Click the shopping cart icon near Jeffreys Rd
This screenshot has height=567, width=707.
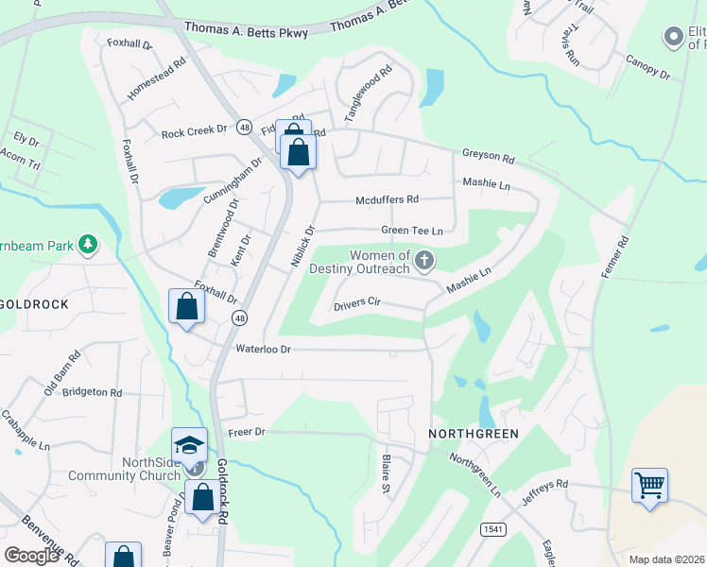(649, 486)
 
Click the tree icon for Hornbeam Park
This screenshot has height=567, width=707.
(88, 245)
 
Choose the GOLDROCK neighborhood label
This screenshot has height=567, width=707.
(32, 304)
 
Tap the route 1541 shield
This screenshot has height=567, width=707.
(491, 528)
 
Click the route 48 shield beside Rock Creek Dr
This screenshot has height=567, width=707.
(244, 128)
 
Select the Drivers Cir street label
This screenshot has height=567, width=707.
(356, 303)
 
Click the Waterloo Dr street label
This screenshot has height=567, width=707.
(264, 349)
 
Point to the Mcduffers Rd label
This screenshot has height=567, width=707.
(387, 199)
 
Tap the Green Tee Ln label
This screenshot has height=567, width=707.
(411, 231)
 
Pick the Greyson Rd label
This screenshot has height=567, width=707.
(488, 157)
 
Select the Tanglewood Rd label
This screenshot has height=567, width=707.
(368, 94)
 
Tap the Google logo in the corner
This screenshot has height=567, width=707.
(32, 555)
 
